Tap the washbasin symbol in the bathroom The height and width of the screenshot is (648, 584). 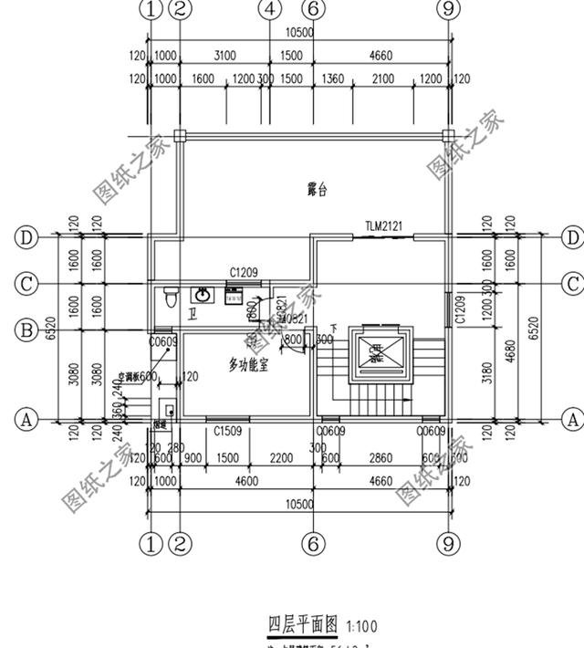[x=200, y=295]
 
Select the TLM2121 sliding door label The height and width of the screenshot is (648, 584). [x=383, y=225]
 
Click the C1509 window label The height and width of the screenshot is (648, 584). [x=227, y=431]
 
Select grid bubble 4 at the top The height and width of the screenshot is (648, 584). [x=268, y=10]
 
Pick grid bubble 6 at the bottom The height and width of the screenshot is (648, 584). [x=313, y=545]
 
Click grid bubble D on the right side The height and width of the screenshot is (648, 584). [x=572, y=237]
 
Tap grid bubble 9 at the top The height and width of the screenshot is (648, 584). [x=447, y=10]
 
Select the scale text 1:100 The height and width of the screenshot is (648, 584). [x=361, y=626]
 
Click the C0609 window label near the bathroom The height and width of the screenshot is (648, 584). [x=162, y=340]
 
